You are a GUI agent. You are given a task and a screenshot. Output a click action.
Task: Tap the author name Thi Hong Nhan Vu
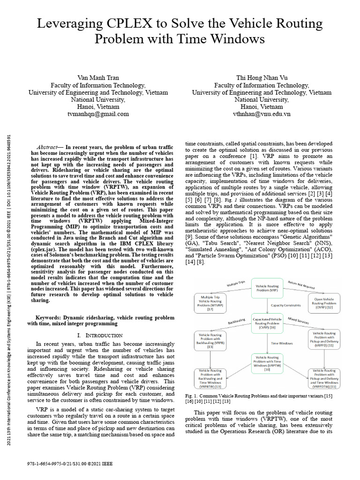click(x=262, y=77)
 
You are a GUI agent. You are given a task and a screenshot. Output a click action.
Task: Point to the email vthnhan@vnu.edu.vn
click(x=262, y=114)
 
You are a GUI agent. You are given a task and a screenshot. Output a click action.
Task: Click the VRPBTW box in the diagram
click(x=210, y=379)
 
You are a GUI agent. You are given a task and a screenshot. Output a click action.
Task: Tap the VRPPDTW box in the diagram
click(x=324, y=379)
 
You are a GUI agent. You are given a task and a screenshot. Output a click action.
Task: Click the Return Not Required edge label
click(x=300, y=285)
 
